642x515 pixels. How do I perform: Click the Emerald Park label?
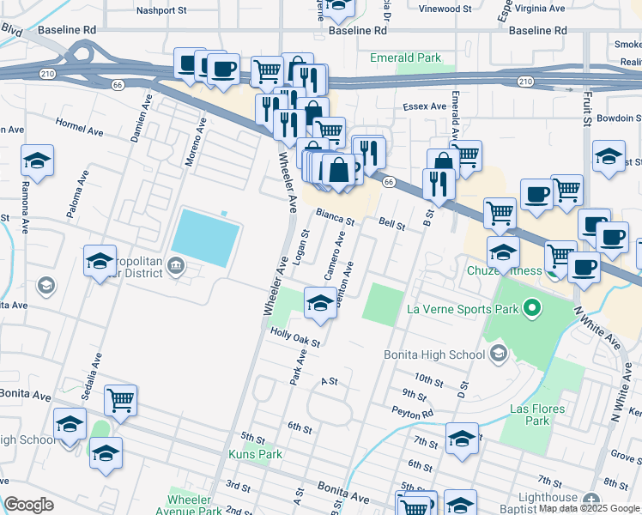pos(405,58)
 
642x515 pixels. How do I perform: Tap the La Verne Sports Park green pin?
pos(531,306)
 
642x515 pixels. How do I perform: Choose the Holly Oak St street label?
pos(295,337)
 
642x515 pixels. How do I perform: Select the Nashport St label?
pos(162,11)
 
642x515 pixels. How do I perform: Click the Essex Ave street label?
pos(425,106)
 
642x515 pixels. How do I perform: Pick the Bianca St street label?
pos(335,215)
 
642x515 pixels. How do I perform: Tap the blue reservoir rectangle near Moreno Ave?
pos(206,238)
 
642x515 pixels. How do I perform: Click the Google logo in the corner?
pos(29,504)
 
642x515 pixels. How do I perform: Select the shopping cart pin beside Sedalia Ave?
pos(121,400)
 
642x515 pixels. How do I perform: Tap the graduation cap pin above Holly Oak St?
pos(321,305)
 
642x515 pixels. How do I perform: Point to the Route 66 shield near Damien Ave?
pos(117,84)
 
